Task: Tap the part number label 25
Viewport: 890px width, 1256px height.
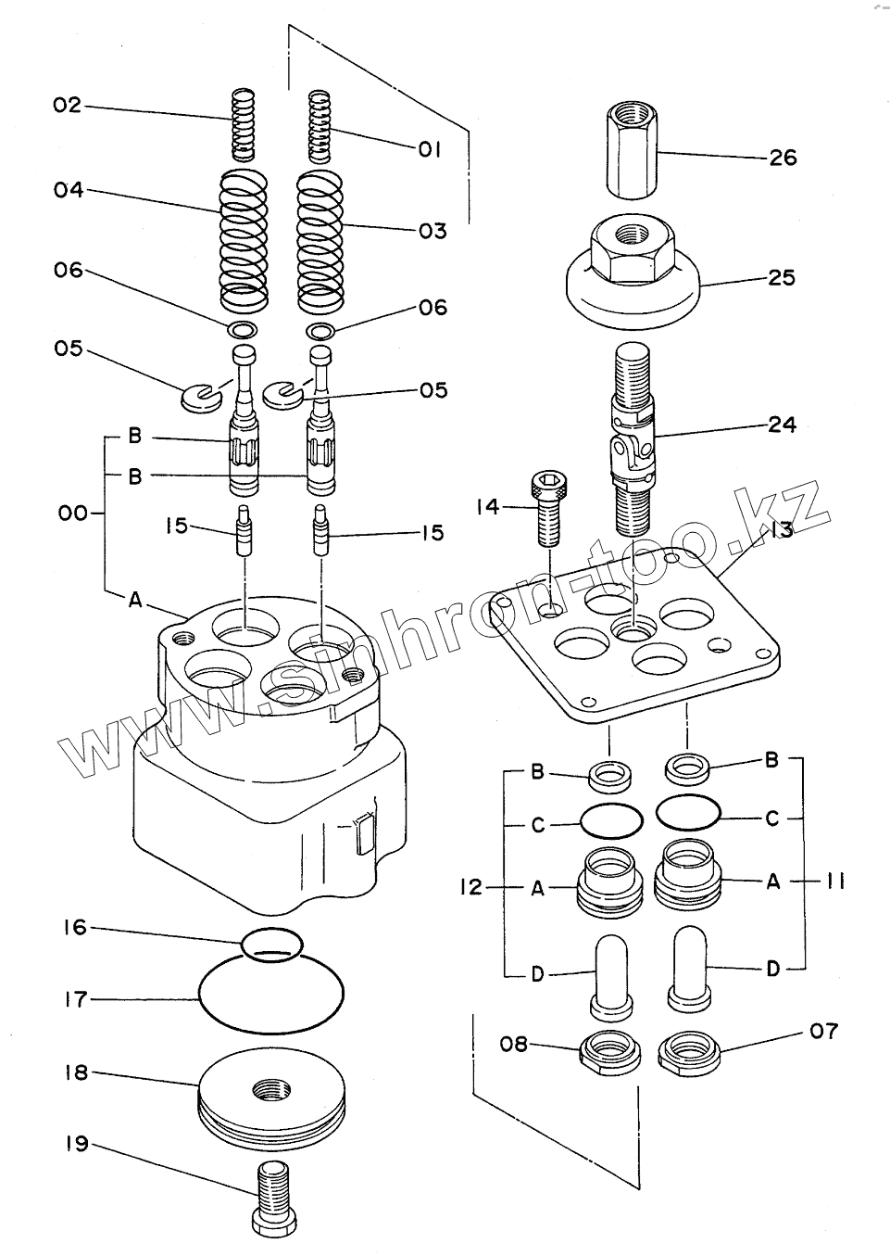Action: click(x=782, y=277)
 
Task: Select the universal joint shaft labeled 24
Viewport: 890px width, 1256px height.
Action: click(x=634, y=440)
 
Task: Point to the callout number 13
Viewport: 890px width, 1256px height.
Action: click(x=780, y=529)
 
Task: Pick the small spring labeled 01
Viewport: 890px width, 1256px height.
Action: click(x=320, y=125)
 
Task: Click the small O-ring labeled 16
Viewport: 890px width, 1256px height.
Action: click(x=271, y=943)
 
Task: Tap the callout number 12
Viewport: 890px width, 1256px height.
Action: click(x=470, y=888)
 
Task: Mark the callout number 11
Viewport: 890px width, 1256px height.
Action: click(x=835, y=882)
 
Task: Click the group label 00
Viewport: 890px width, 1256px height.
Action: click(x=73, y=513)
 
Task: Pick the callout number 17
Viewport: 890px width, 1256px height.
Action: click(x=75, y=999)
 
